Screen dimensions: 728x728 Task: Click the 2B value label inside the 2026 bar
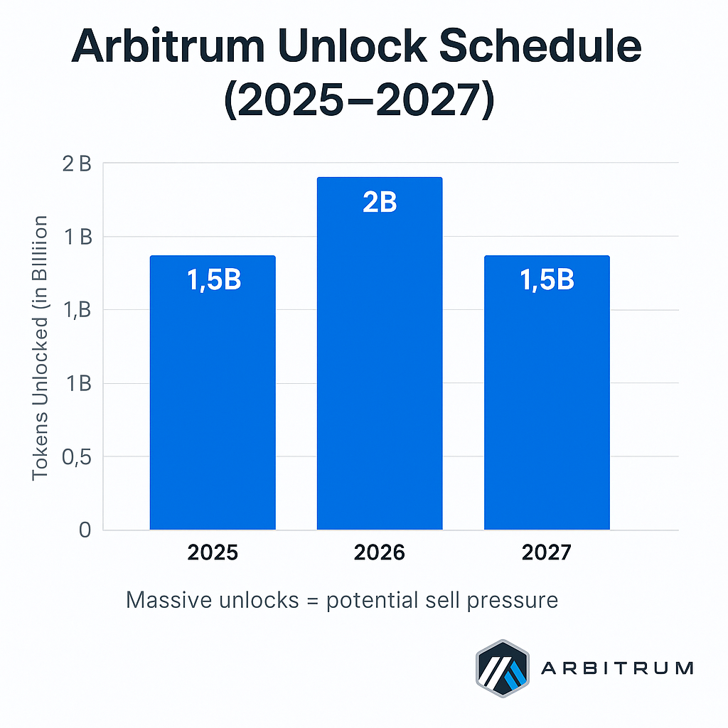(x=380, y=203)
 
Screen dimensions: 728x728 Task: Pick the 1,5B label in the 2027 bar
(x=547, y=280)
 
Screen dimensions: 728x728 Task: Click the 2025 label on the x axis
(x=213, y=553)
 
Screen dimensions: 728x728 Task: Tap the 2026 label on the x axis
(x=380, y=553)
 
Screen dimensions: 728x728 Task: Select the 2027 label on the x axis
(x=547, y=553)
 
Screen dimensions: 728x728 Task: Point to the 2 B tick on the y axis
(x=77, y=164)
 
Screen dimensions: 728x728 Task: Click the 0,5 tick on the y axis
(x=77, y=457)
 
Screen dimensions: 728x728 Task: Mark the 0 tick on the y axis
(x=85, y=530)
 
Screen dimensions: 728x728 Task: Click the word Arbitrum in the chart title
(x=169, y=47)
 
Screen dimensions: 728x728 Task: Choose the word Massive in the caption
(x=169, y=600)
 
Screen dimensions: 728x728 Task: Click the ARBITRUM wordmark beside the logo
(x=617, y=668)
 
